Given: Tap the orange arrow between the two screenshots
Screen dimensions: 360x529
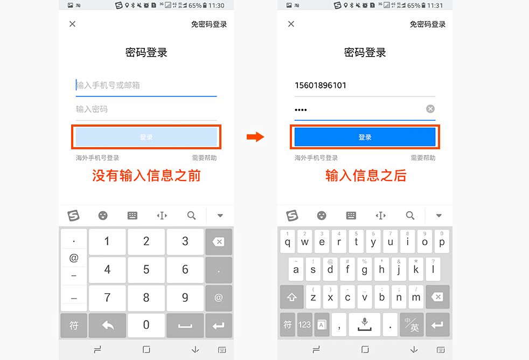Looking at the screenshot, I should pos(255,137).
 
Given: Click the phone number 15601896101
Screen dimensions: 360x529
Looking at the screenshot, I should pos(321,85).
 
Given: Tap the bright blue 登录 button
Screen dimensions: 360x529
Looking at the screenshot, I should pos(365,137).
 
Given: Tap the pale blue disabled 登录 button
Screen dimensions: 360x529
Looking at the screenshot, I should pos(146,137).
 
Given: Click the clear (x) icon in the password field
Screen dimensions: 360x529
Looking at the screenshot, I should pos(430,109).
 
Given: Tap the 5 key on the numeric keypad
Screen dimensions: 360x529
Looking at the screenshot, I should pos(146,268).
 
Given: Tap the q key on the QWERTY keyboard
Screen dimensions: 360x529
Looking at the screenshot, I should pos(288,241).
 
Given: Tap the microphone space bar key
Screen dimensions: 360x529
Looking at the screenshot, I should pos(365,324).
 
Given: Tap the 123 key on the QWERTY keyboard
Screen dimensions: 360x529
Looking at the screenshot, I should pos(305,324).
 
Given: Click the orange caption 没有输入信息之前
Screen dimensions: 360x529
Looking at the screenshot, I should pos(146,176).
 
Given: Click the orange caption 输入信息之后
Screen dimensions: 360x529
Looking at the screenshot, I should pos(366,176).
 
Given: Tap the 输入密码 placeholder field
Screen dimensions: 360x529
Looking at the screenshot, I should pos(146,109).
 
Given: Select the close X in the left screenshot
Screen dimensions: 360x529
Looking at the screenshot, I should pos(73,24).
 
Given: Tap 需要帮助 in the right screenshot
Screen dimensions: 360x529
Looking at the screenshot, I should pos(423,158).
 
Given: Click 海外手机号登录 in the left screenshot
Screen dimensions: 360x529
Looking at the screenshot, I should pos(98,158).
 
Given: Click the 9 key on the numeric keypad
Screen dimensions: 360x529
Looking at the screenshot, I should pos(185,297).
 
